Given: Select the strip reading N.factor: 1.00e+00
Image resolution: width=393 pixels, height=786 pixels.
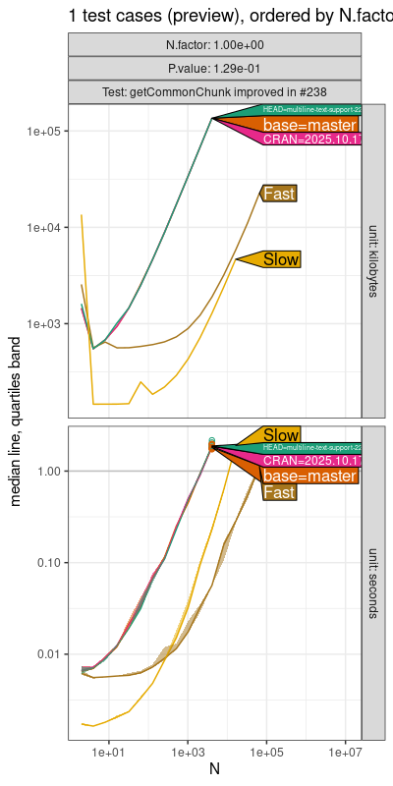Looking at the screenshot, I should [214, 45].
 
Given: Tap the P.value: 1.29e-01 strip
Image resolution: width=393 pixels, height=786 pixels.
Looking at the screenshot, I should [214, 68].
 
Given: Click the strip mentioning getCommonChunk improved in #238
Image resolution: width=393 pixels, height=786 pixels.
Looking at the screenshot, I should [214, 91].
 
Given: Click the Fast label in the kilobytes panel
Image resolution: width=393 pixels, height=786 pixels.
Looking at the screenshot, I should [280, 195].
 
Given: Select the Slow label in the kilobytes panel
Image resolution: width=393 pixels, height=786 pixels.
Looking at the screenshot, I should [281, 259].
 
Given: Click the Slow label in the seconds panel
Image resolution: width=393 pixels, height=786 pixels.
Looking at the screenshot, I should [281, 435].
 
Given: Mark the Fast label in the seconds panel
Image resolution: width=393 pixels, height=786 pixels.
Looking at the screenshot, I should [280, 492].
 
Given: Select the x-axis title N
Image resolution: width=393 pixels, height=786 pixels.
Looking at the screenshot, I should [214, 769].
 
